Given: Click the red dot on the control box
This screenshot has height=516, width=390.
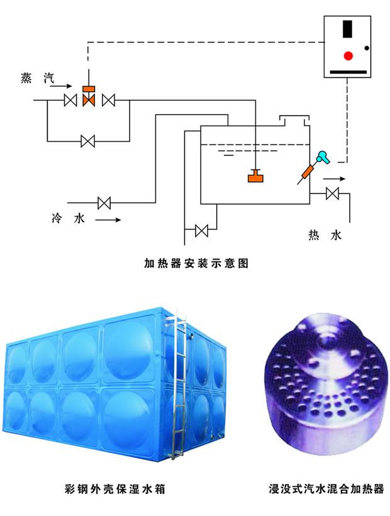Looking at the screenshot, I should [x=348, y=55].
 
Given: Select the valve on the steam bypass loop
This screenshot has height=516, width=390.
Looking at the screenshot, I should [x=88, y=141].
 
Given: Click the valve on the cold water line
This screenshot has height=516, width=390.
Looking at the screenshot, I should [x=104, y=203].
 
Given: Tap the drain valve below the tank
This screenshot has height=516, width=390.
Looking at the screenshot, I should [x=202, y=231].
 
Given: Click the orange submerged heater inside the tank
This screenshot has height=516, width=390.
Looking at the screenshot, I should [x=255, y=176].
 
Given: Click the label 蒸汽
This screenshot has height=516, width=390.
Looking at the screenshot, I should [x=37, y=78].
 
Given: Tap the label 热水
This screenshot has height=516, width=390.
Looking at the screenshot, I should [x=325, y=236].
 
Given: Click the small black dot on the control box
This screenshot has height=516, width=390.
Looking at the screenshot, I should [x=368, y=48].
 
